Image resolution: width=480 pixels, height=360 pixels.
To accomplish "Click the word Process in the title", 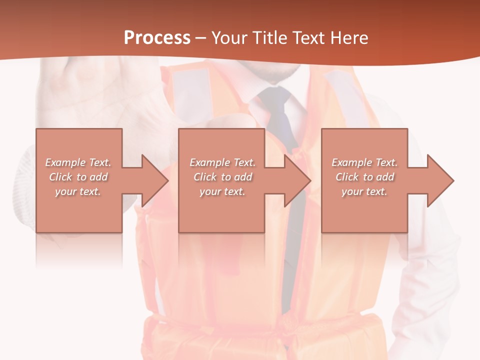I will click(x=157, y=38).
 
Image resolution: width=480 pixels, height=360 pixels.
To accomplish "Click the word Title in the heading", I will click(x=268, y=38).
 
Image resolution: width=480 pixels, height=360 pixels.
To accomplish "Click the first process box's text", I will click(x=78, y=177).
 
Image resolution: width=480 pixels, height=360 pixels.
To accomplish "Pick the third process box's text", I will click(x=364, y=177).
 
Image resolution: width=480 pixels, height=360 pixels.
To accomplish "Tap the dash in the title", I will click(x=200, y=38).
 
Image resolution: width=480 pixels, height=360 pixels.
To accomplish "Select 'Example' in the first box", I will click(x=65, y=162).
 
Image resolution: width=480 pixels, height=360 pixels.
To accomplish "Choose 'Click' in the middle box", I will click(x=205, y=177).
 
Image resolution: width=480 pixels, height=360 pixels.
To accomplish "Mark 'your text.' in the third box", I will click(x=364, y=191).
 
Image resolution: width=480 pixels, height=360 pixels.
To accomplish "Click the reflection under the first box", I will click(x=78, y=250).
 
